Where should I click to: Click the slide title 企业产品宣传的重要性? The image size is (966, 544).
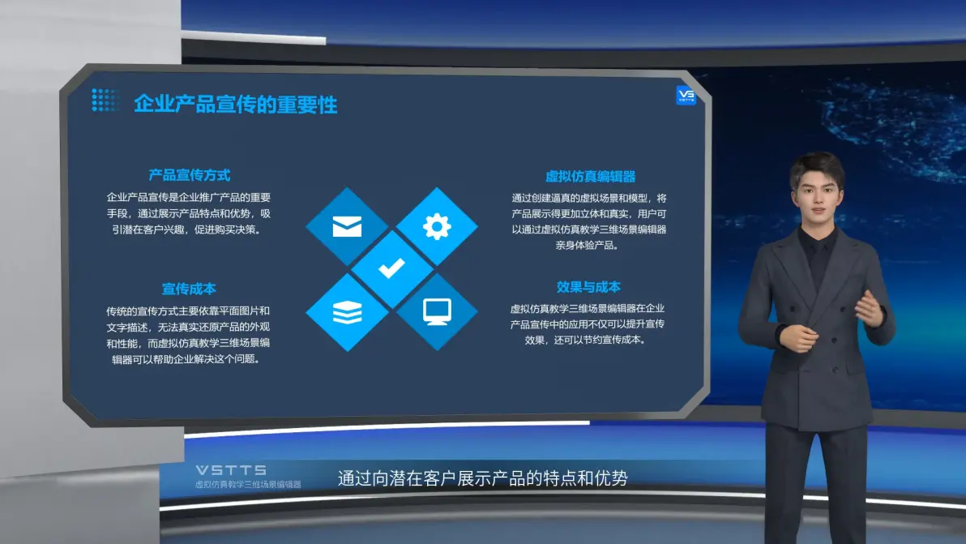(235, 105)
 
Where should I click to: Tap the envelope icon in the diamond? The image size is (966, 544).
(347, 226)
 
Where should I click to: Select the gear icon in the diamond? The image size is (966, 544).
(437, 226)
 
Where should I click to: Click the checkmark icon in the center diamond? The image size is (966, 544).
(391, 268)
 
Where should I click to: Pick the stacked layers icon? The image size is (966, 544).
(348, 312)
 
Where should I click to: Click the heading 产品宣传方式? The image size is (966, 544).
(189, 176)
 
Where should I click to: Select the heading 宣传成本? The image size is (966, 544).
(189, 289)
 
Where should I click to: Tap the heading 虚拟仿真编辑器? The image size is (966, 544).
(590, 177)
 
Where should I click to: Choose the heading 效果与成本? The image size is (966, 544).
(588, 287)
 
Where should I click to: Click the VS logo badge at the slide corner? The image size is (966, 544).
(686, 96)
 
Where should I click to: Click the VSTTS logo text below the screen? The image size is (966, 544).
(231, 470)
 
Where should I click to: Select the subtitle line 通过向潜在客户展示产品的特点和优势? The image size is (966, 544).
(482, 478)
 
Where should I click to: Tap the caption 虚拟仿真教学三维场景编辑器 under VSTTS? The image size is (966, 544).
(248, 485)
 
